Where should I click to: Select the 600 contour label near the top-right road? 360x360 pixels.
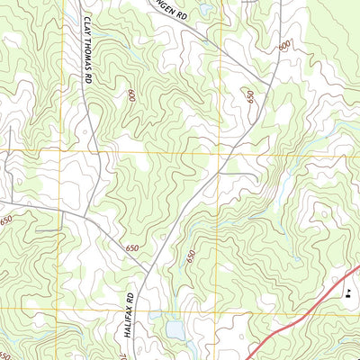click(284, 45)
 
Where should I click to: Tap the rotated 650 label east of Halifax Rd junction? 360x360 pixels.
click(190, 256)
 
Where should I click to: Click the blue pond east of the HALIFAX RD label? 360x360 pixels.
click(175, 330)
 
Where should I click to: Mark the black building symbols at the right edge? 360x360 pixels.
click(349, 292)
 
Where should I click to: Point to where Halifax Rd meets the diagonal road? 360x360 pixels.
click(147, 272)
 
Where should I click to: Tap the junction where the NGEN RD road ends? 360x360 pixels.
click(249, 75)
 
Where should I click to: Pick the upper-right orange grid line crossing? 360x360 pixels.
click(220, 152)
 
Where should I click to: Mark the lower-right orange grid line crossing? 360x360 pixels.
click(220, 308)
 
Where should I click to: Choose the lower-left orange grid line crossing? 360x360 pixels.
click(60, 308)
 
